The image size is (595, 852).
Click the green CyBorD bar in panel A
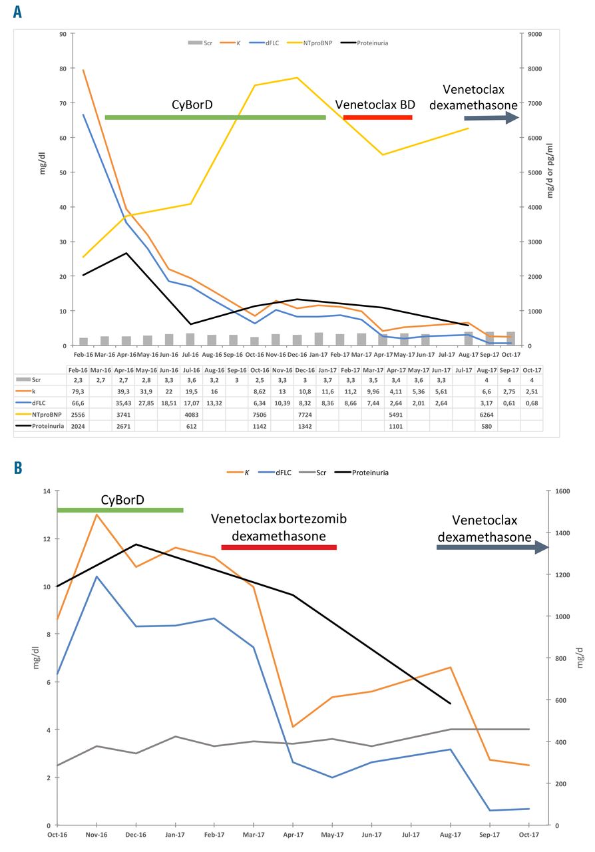click(x=215, y=118)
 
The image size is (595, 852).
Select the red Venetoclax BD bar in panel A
click(x=377, y=118)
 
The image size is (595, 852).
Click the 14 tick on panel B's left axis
click(x=46, y=491)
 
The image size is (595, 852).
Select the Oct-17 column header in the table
click(x=531, y=369)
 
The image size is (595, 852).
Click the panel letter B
click(x=18, y=468)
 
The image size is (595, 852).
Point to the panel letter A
click(x=18, y=13)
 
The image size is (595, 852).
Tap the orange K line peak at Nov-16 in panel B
click(x=97, y=515)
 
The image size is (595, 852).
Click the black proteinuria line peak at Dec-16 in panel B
click(x=136, y=544)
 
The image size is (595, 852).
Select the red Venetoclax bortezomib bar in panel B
click(x=279, y=547)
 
